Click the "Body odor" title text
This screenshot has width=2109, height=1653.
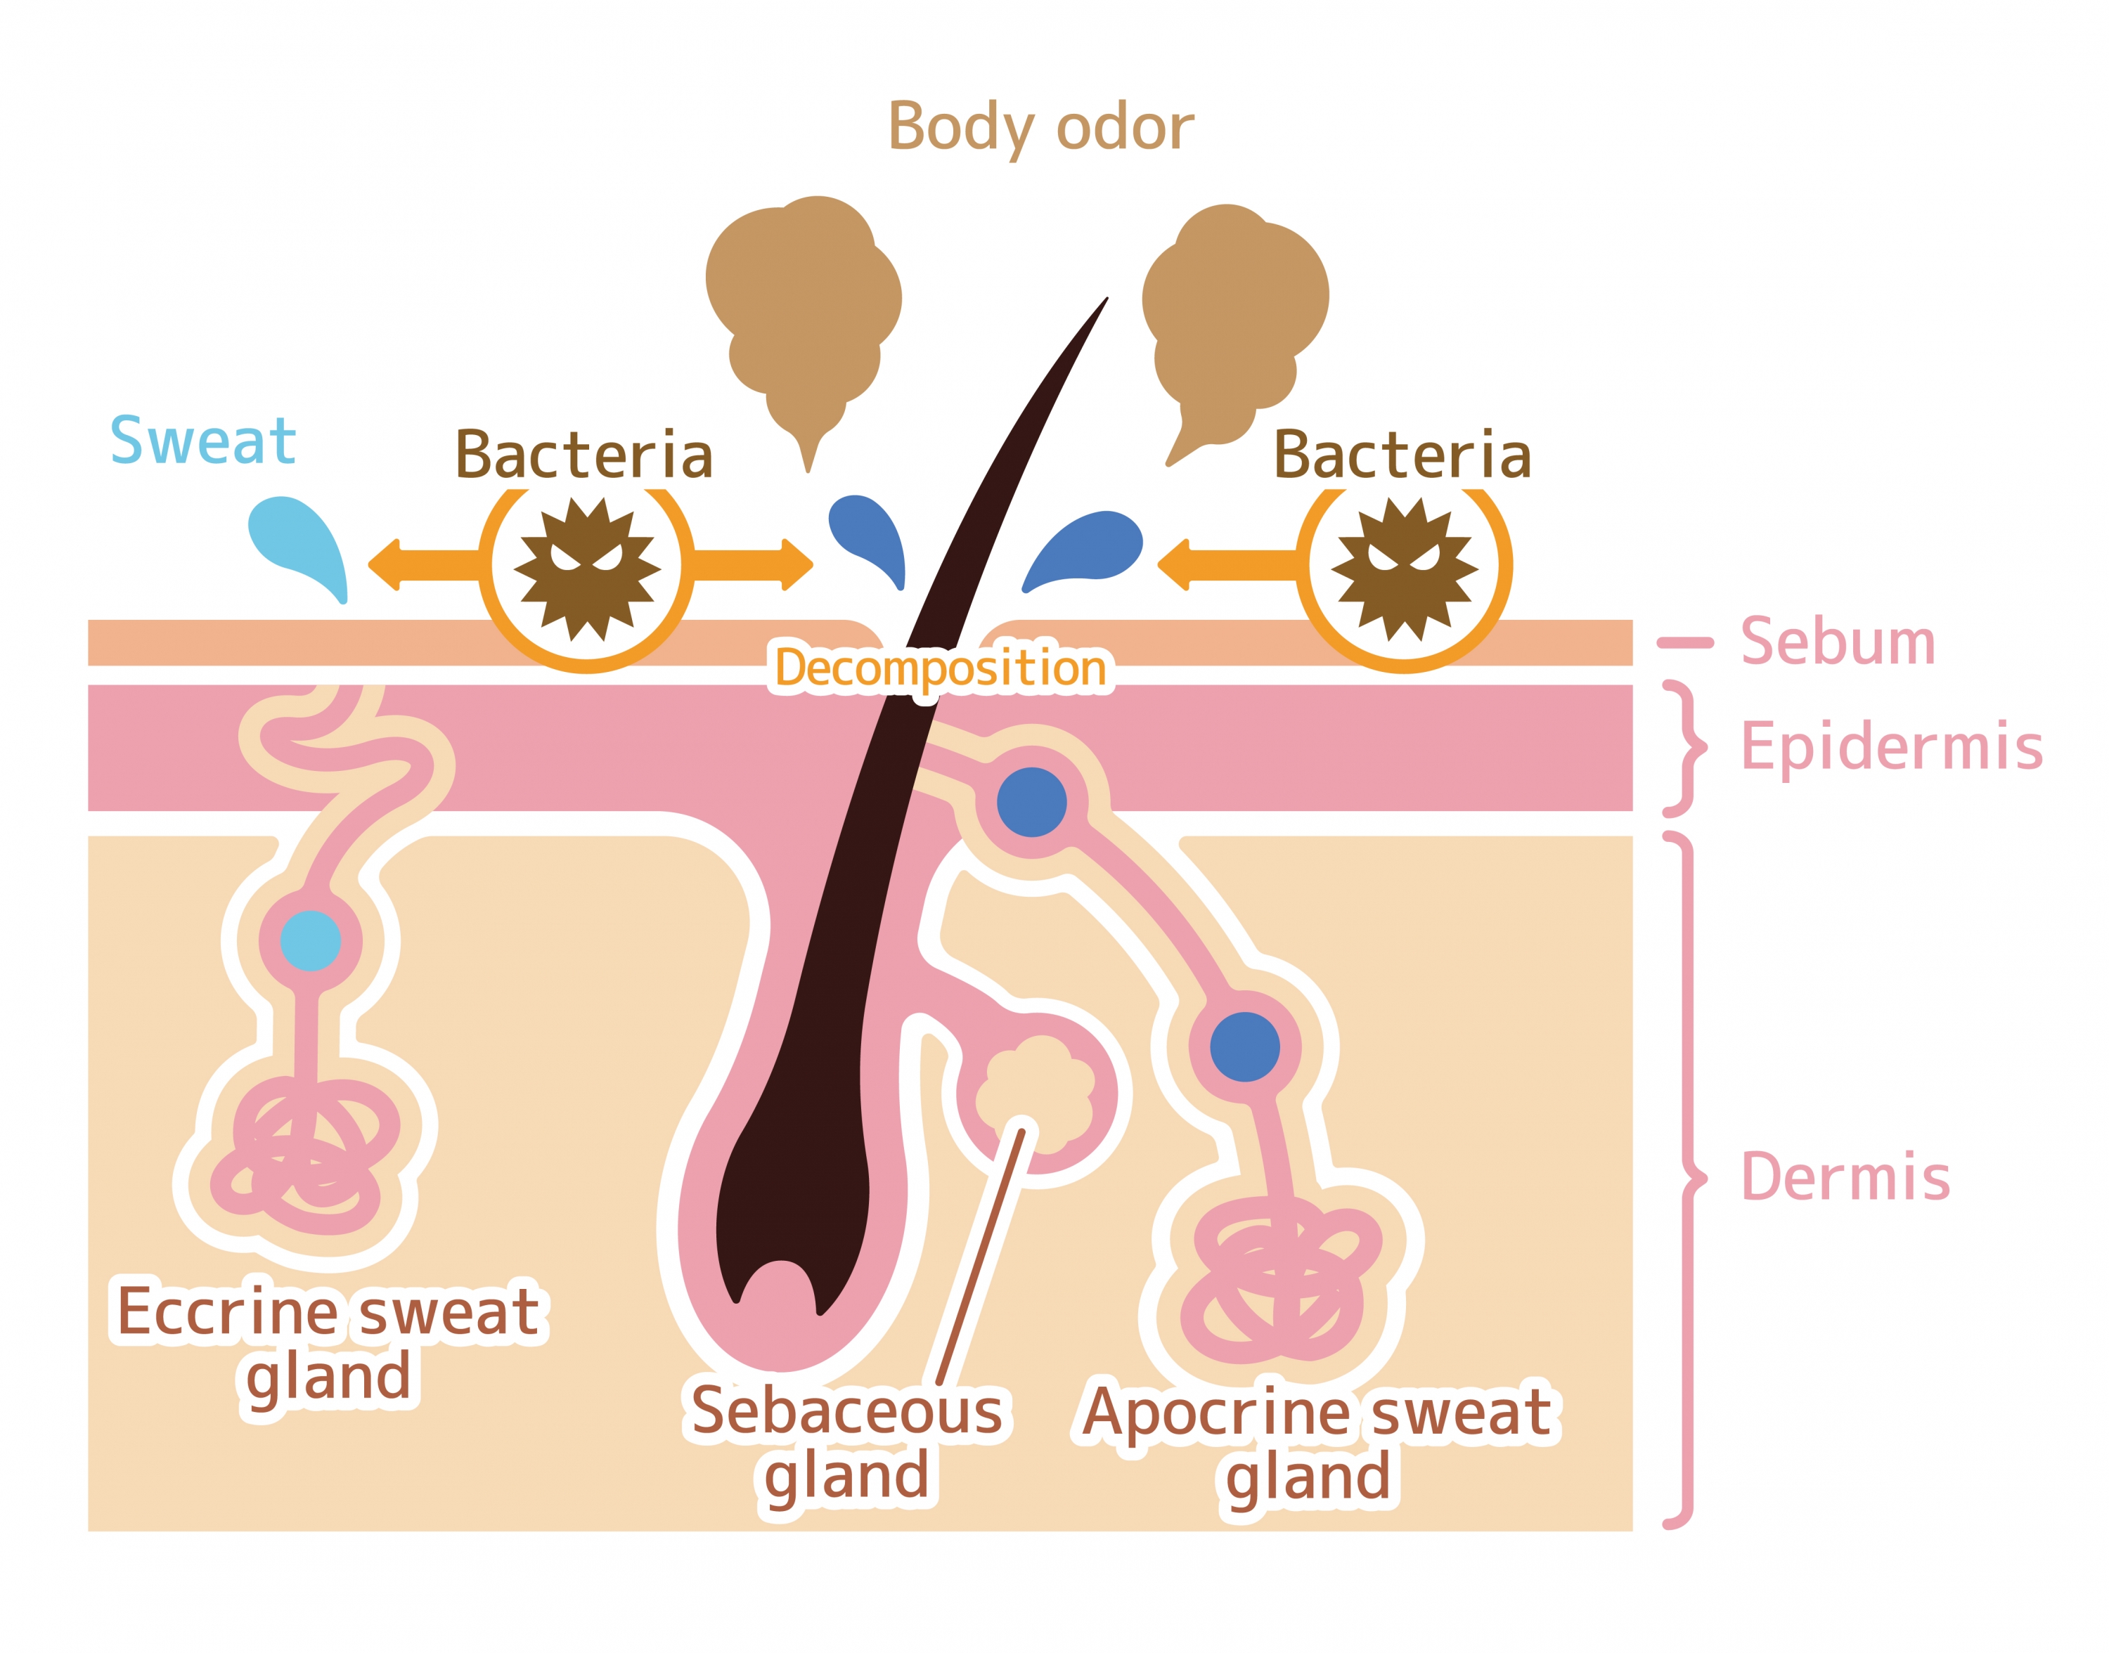coord(1040,129)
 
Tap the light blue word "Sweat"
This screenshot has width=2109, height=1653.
coord(202,441)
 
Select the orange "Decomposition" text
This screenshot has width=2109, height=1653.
coord(941,668)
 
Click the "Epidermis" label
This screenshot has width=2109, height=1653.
coord(1890,748)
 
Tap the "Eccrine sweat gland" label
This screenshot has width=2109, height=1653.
coord(328,1344)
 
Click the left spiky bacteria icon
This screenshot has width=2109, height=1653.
coord(586,569)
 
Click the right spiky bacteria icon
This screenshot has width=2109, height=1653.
coord(1405,569)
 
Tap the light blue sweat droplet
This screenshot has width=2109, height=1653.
coord(300,544)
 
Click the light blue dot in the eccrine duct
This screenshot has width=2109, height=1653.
coord(310,940)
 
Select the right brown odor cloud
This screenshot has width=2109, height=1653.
coord(1236,324)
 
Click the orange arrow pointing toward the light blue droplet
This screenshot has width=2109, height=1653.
coord(424,564)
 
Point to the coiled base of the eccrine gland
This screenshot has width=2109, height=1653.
coord(305,1157)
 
